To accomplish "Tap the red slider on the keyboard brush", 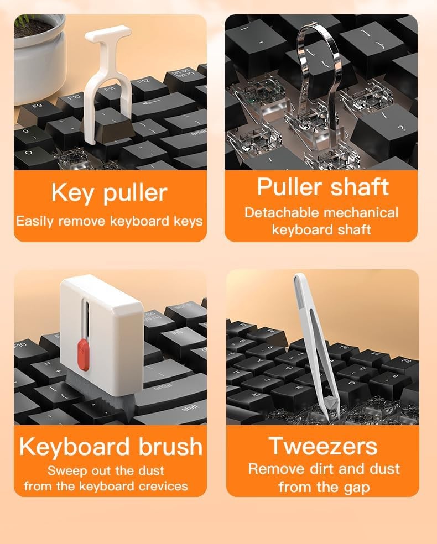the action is tap(84, 354).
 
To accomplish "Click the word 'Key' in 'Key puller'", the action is tap(72, 192).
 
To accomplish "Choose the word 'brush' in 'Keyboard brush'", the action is tap(170, 446).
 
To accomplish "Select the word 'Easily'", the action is tap(35, 221).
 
